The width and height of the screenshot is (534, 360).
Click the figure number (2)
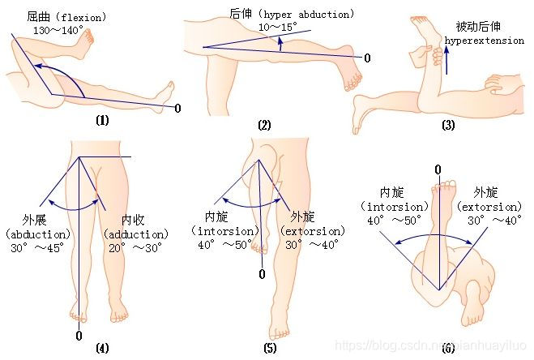(264, 125)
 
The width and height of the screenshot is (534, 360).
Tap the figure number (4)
(102, 349)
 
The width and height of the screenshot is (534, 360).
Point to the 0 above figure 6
(438, 169)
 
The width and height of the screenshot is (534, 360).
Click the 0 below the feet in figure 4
(78, 335)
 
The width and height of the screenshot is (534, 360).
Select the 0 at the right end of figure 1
(177, 107)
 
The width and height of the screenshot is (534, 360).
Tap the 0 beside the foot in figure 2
(367, 58)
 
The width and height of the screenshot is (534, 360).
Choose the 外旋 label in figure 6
(486, 192)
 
